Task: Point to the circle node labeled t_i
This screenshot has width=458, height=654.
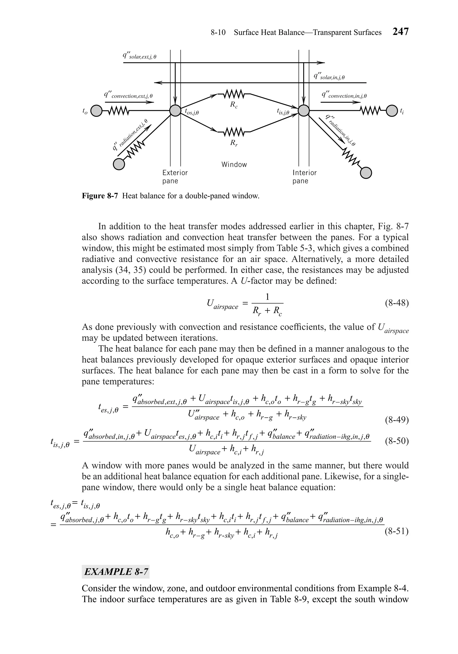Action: click(x=392, y=110)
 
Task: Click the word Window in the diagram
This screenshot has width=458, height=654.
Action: click(x=234, y=164)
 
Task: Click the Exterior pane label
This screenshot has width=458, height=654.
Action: click(x=175, y=177)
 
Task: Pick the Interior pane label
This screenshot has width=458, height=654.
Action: click(x=304, y=177)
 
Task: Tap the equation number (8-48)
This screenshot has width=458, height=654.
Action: click(x=397, y=303)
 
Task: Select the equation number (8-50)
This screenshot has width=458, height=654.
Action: click(x=397, y=441)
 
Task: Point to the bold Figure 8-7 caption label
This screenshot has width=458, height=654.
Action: click(x=100, y=196)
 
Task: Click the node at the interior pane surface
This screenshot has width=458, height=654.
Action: click(x=304, y=110)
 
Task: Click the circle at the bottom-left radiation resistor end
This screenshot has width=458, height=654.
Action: click(x=119, y=164)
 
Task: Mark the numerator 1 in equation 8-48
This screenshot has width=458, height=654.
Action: click(x=267, y=297)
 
